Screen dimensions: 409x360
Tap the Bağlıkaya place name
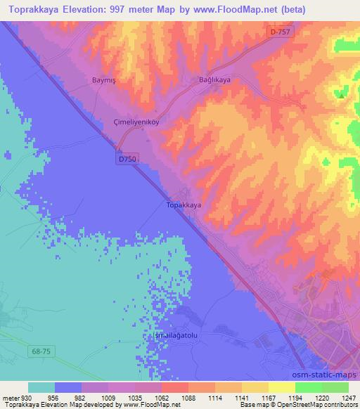[x=215, y=81]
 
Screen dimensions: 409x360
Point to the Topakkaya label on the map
[x=184, y=205]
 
